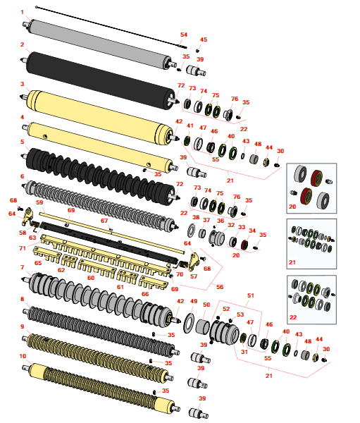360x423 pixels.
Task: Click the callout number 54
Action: coord(184,35)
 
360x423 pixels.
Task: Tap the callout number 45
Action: coord(204,39)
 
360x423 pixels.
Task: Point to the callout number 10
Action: coord(23,356)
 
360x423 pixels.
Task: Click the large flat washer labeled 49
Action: coord(190,323)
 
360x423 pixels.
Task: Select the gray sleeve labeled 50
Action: coord(202,326)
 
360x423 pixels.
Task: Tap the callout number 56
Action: coord(220,287)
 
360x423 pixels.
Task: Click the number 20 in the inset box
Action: coord(292,207)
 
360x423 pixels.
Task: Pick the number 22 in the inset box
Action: coord(293,317)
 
